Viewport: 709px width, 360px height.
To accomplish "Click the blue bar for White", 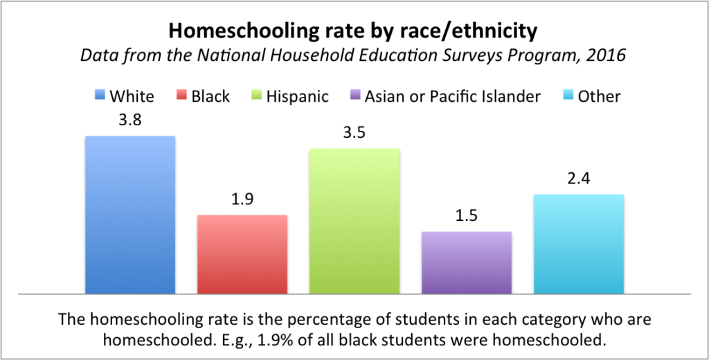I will (129, 215).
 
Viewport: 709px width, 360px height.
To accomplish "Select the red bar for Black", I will (242, 254).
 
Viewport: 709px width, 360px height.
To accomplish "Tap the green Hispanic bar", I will (354, 221).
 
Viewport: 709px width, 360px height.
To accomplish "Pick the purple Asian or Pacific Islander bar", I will (467, 262).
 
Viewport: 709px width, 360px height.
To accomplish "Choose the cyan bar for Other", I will (579, 244).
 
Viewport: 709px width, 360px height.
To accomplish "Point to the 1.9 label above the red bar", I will (242, 199).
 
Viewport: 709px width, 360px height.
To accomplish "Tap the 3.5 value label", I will (354, 132).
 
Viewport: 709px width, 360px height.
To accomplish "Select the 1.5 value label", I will (467, 217).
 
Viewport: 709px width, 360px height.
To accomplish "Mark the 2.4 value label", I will (579, 179).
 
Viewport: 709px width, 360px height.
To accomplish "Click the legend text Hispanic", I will (298, 96).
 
